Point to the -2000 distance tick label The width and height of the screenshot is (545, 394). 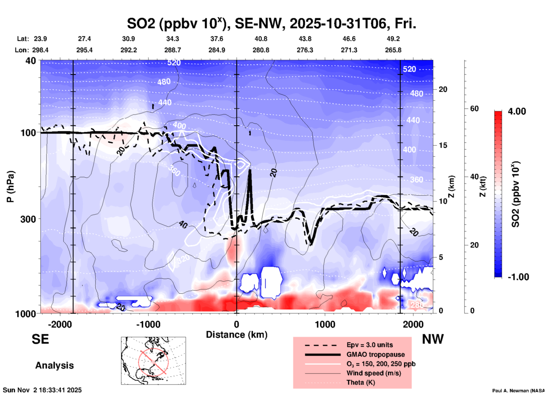[60, 324]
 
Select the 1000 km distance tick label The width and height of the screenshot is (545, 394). [325, 324]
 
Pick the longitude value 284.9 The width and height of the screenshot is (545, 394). [217, 50]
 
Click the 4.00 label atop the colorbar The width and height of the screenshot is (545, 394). [517, 111]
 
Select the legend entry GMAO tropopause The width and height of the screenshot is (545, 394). [376, 354]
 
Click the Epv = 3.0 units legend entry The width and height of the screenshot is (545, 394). [370, 345]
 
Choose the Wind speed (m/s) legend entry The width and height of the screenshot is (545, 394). [374, 373]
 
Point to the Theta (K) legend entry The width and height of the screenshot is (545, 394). [361, 382]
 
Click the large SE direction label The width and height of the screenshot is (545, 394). [40, 339]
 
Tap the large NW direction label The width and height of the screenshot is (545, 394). [433, 339]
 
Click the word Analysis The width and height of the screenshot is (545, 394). [54, 365]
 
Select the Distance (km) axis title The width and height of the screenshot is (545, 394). [237, 335]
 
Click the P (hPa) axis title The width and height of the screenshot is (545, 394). [10, 187]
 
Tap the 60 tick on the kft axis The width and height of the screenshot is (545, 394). [474, 109]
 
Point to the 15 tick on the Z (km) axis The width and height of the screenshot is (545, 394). [443, 145]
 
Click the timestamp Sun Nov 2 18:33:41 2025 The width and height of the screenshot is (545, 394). [42, 390]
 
